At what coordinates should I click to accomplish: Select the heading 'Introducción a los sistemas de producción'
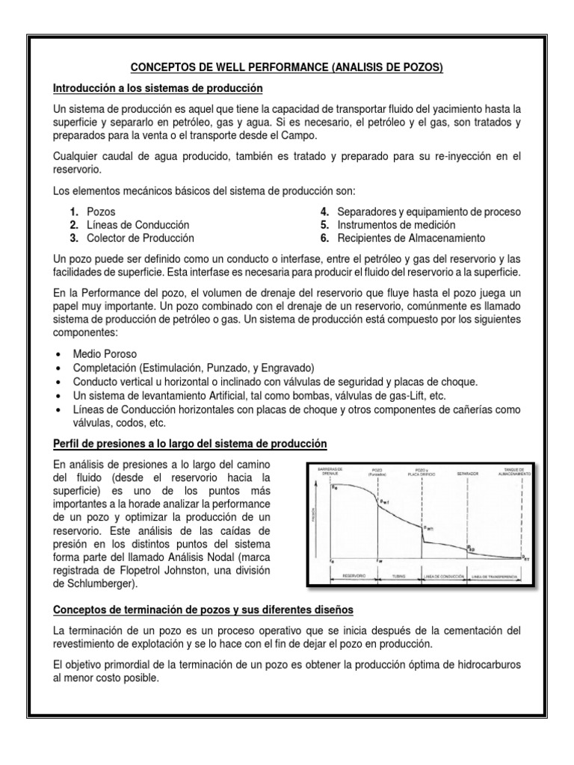[x=158, y=89]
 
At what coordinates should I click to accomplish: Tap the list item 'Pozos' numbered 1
[x=101, y=212]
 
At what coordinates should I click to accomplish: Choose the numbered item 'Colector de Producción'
[x=140, y=238]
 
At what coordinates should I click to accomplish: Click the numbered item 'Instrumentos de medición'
[x=395, y=225]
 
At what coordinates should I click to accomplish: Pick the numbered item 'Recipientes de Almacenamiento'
[x=410, y=238]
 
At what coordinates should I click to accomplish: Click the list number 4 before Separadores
[x=326, y=212]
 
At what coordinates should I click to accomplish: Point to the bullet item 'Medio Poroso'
[x=104, y=353]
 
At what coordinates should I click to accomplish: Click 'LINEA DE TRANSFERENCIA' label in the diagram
[x=495, y=577]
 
